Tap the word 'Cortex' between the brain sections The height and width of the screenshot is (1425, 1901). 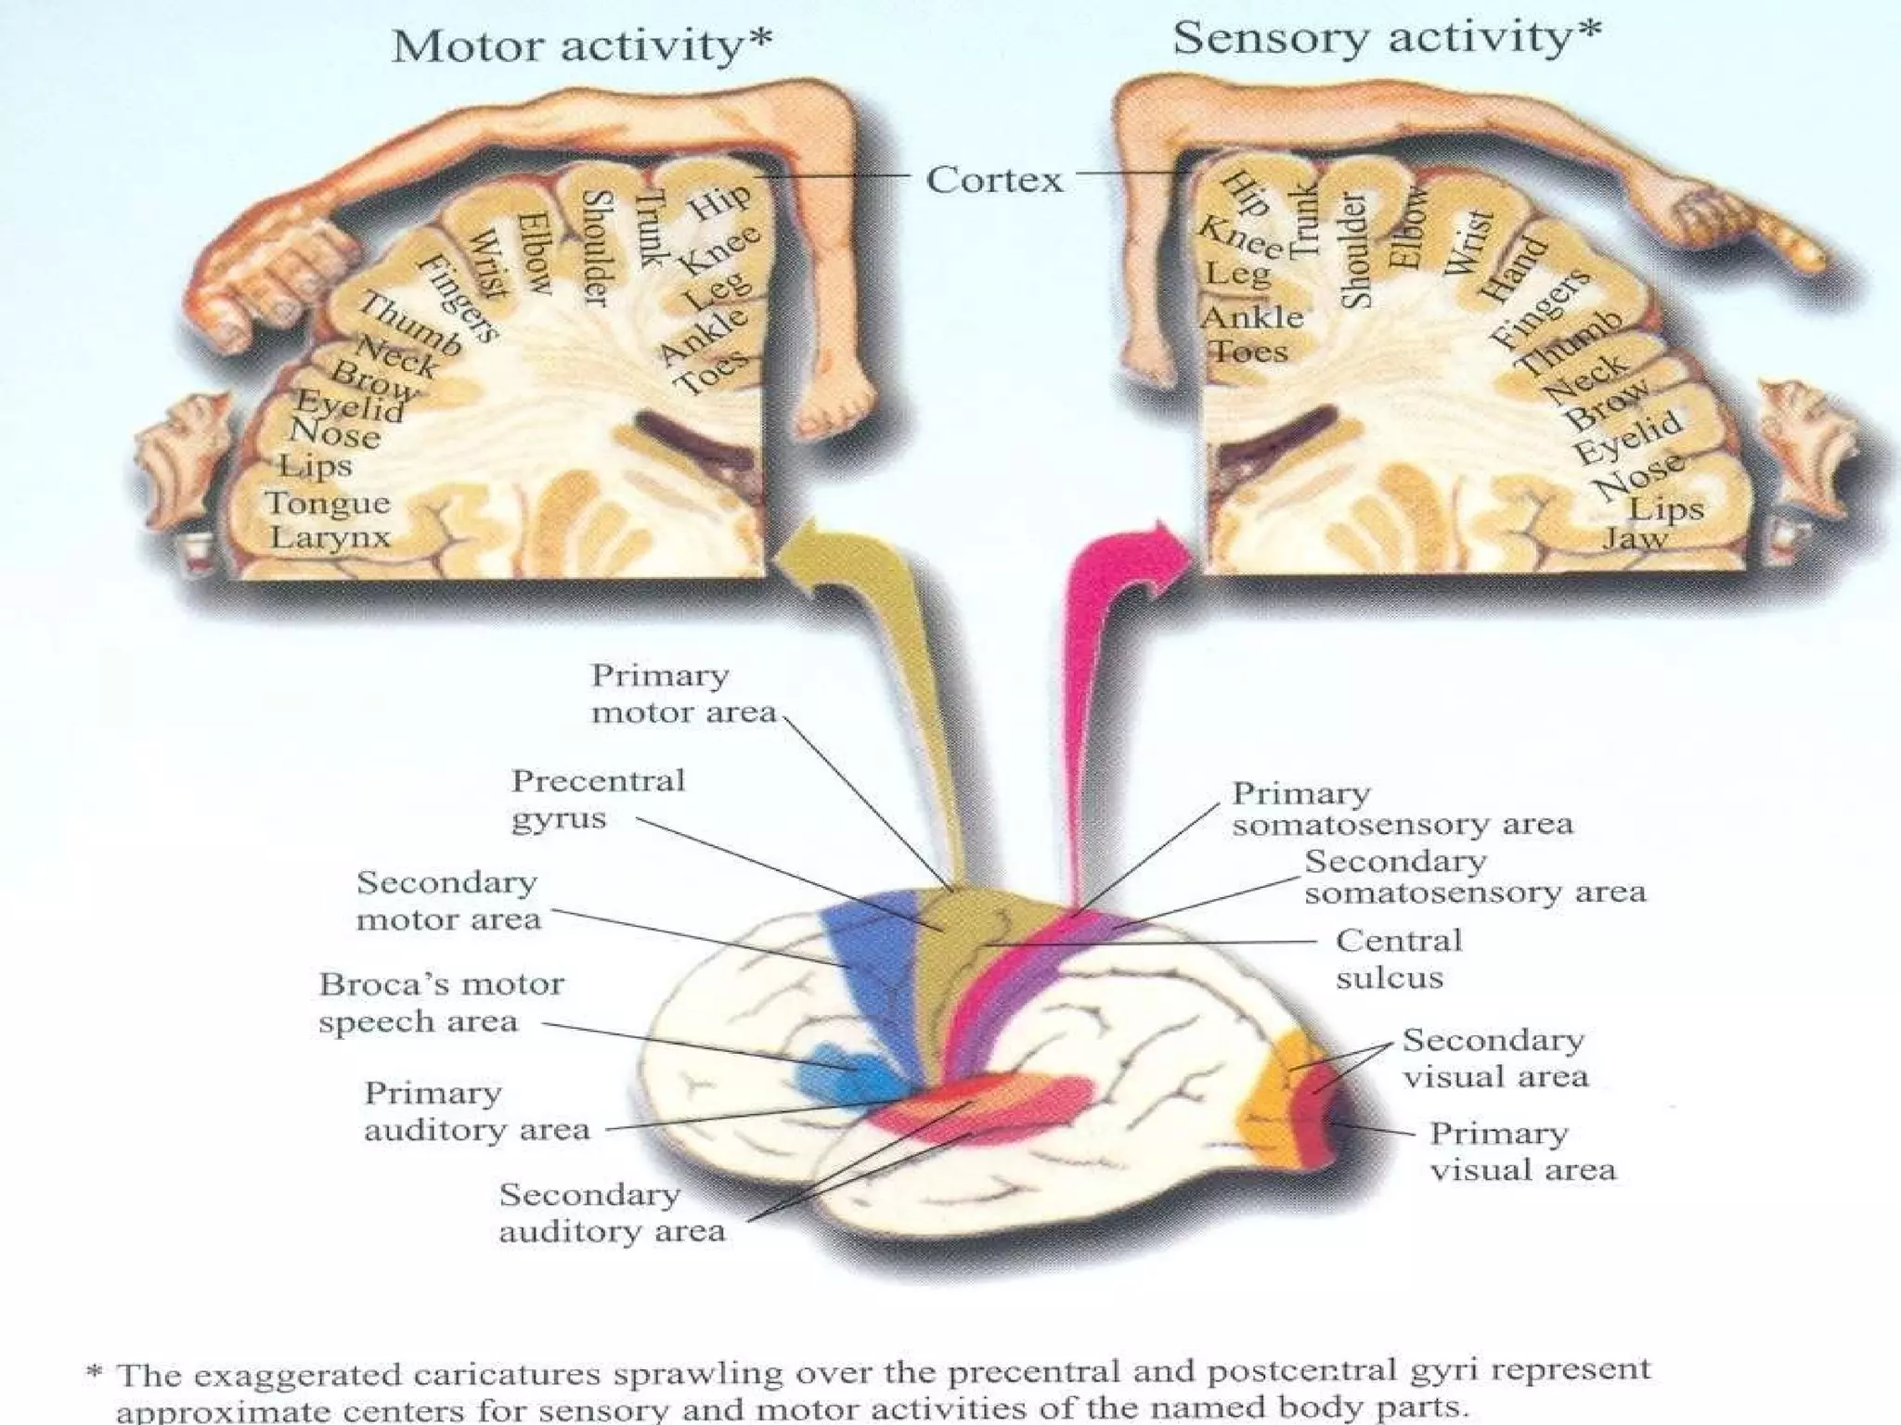tap(994, 179)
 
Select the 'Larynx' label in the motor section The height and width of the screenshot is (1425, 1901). tap(330, 537)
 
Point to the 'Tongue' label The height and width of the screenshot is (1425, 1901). tap(328, 503)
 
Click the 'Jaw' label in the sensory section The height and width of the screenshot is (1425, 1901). tap(1635, 538)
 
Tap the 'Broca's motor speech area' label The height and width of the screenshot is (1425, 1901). tap(441, 1003)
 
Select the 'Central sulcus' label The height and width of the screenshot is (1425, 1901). tap(1398, 958)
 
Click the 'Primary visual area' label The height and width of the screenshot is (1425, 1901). tap(1521, 1151)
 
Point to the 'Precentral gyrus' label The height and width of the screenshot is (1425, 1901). tap(598, 799)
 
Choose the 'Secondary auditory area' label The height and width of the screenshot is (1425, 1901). tap(611, 1213)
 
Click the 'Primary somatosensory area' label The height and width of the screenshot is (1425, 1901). tap(1401, 808)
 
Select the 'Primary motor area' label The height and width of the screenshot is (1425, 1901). tap(683, 693)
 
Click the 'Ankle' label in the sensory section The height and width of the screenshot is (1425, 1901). tap(1252, 317)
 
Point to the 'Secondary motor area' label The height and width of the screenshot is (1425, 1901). tap(447, 900)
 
